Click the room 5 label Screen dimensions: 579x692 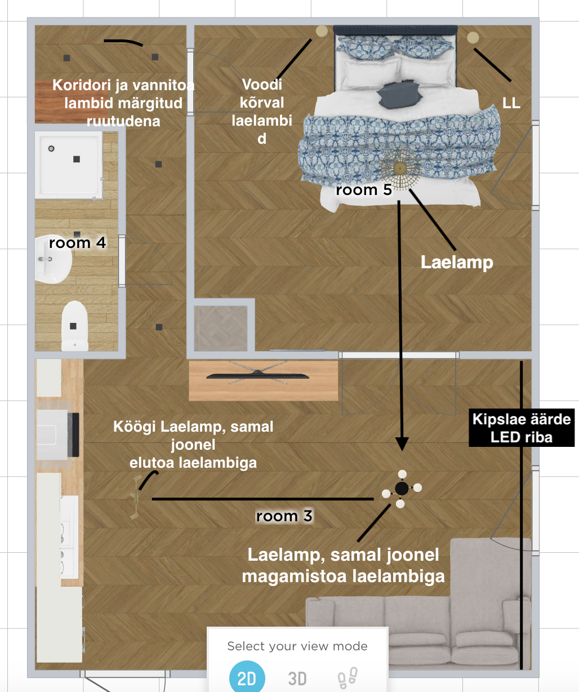tap(364, 190)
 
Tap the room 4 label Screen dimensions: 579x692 tap(77, 243)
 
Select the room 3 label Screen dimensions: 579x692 tap(284, 516)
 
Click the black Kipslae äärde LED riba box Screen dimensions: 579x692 tap(522, 428)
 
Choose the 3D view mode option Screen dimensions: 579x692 tap(297, 678)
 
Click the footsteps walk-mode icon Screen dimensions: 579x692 tap(348, 678)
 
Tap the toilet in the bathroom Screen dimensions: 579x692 tap(75, 326)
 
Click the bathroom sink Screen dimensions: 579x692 tap(53, 259)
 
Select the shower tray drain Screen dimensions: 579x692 tap(51, 148)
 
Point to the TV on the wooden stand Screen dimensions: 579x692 tap(258, 375)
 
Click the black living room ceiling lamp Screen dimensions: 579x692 tap(402, 488)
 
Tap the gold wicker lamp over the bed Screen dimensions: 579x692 tap(400, 168)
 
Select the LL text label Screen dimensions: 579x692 tap(511, 103)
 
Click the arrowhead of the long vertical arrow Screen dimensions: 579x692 tap(402, 443)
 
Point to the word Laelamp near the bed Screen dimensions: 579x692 tap(457, 262)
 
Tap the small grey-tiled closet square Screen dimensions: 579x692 tap(221, 328)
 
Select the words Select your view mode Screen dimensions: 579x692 tap(297, 646)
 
